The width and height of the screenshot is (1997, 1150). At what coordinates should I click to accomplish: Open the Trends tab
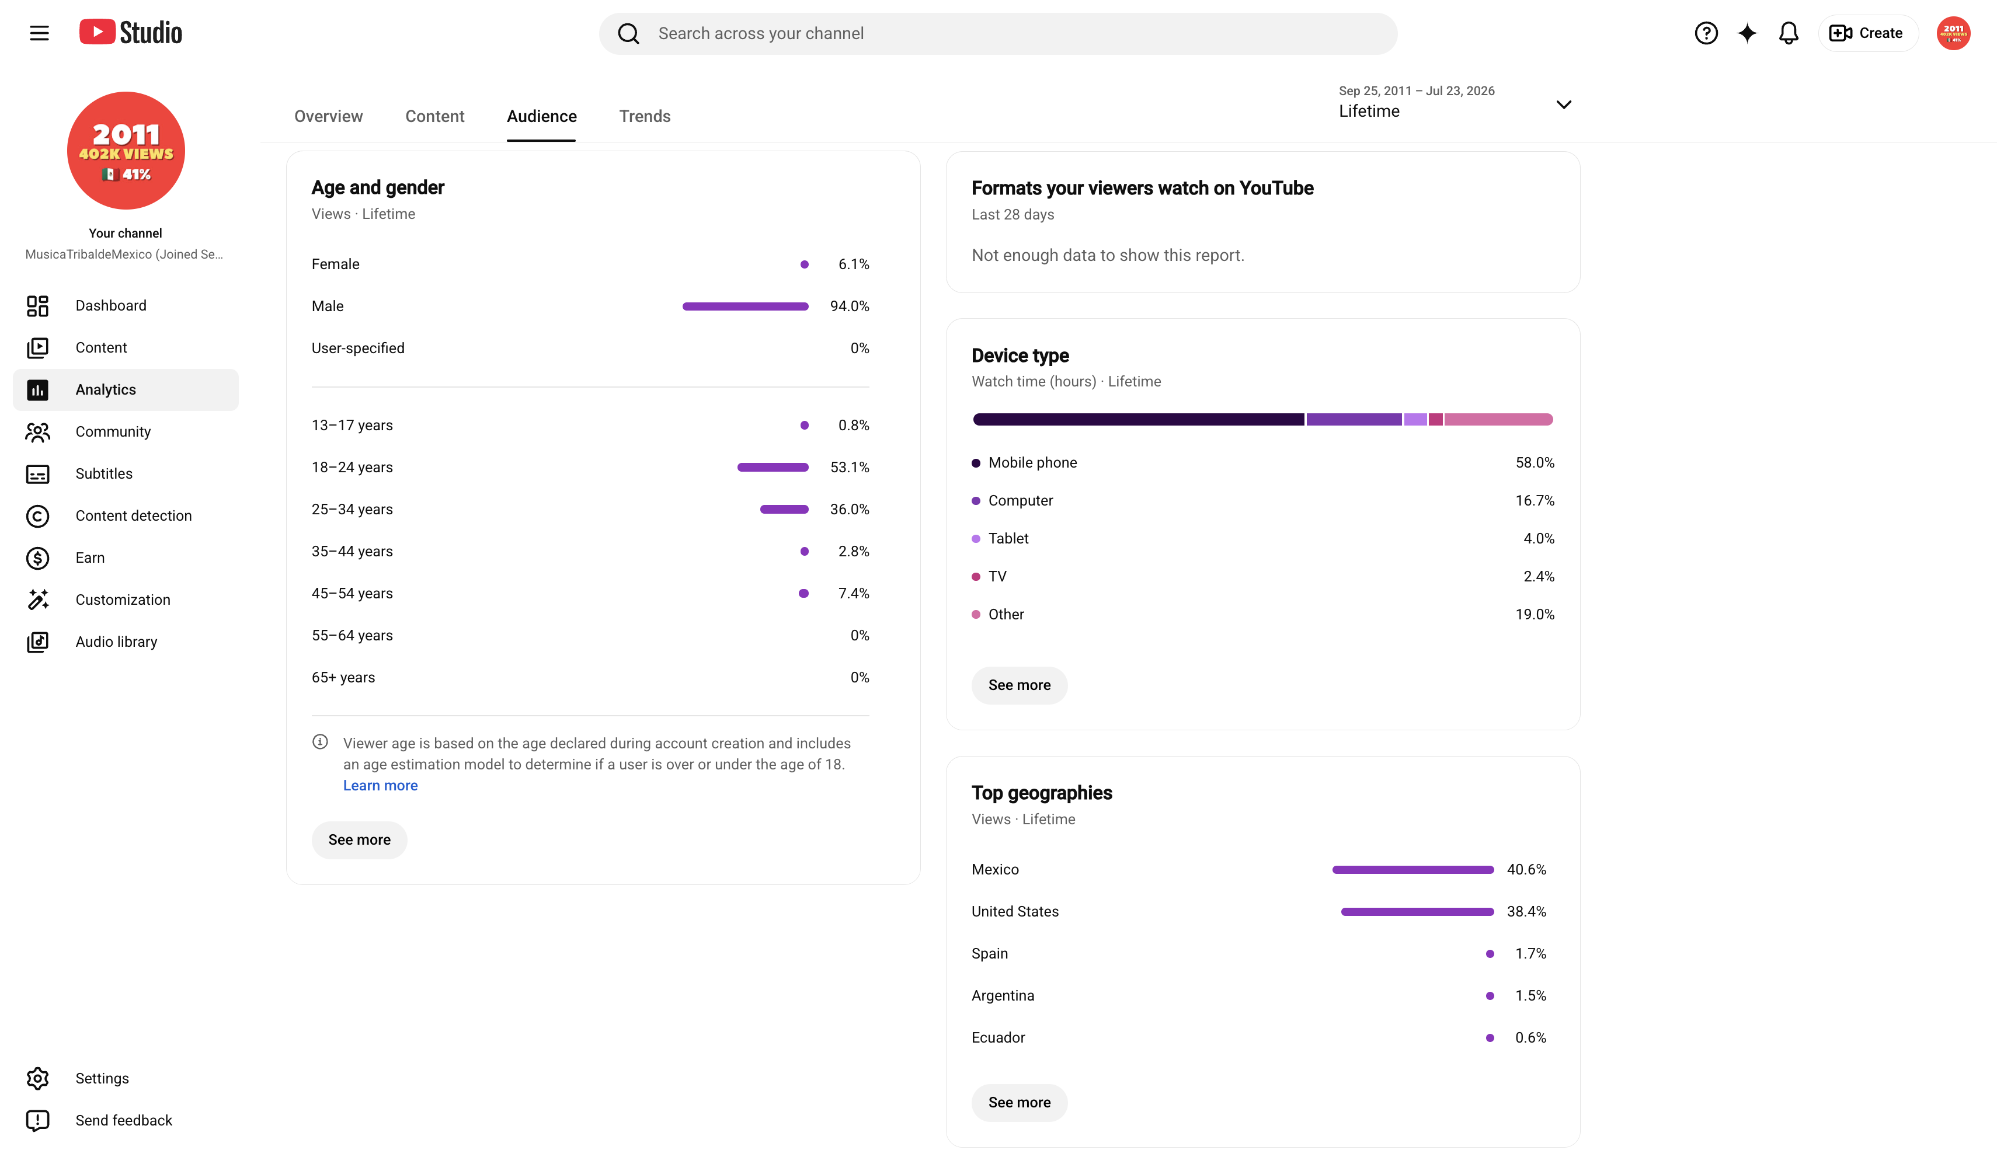(x=645, y=116)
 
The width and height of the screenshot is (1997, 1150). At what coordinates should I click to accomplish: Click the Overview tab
(x=329, y=116)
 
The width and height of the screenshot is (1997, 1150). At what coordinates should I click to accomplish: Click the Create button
(x=1867, y=33)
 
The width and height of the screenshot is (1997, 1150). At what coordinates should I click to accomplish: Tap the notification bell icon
(x=1789, y=33)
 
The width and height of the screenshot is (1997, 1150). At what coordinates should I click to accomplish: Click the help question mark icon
(x=1706, y=33)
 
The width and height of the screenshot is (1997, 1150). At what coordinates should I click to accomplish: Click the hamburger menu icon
(x=40, y=33)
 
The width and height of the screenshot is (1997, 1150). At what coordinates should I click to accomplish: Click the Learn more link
(x=380, y=786)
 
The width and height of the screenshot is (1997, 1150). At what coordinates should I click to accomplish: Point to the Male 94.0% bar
(x=745, y=306)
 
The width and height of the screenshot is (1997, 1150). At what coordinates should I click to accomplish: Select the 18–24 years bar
(x=773, y=468)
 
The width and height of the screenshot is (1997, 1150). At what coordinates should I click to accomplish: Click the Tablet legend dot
(x=976, y=539)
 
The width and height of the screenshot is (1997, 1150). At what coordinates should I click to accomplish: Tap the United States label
(x=1015, y=911)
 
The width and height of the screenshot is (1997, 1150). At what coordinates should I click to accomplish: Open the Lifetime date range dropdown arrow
(x=1563, y=105)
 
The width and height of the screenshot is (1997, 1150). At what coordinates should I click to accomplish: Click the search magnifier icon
(x=628, y=33)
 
